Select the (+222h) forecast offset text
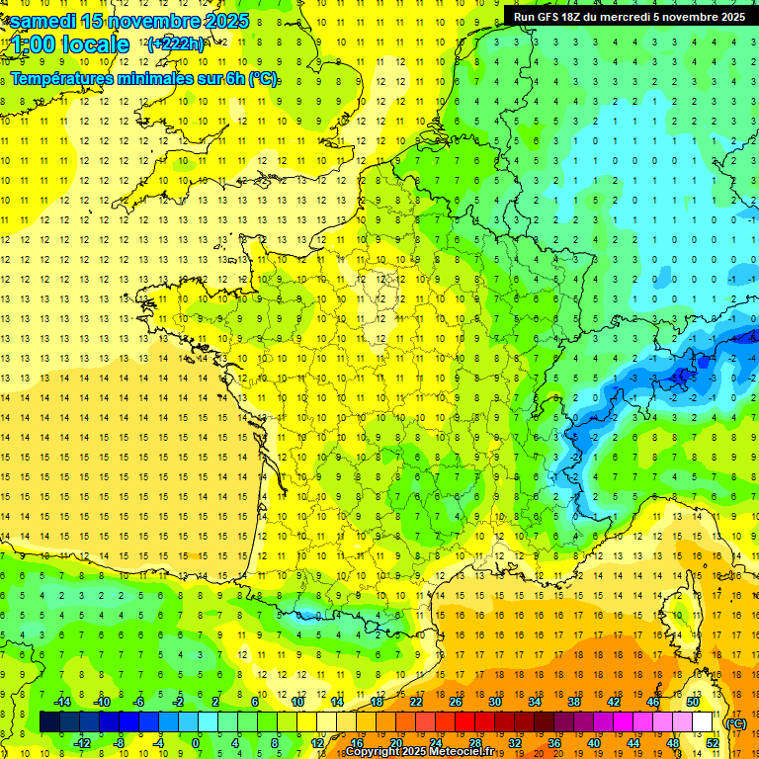(176, 43)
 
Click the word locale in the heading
(95, 43)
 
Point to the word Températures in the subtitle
(62, 78)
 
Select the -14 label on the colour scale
(61, 702)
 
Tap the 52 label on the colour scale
(713, 742)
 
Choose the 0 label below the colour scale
(196, 742)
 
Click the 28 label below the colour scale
(474, 742)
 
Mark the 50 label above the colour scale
(692, 702)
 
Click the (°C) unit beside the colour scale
(736, 722)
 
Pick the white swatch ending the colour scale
(703, 722)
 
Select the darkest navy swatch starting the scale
(49, 722)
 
